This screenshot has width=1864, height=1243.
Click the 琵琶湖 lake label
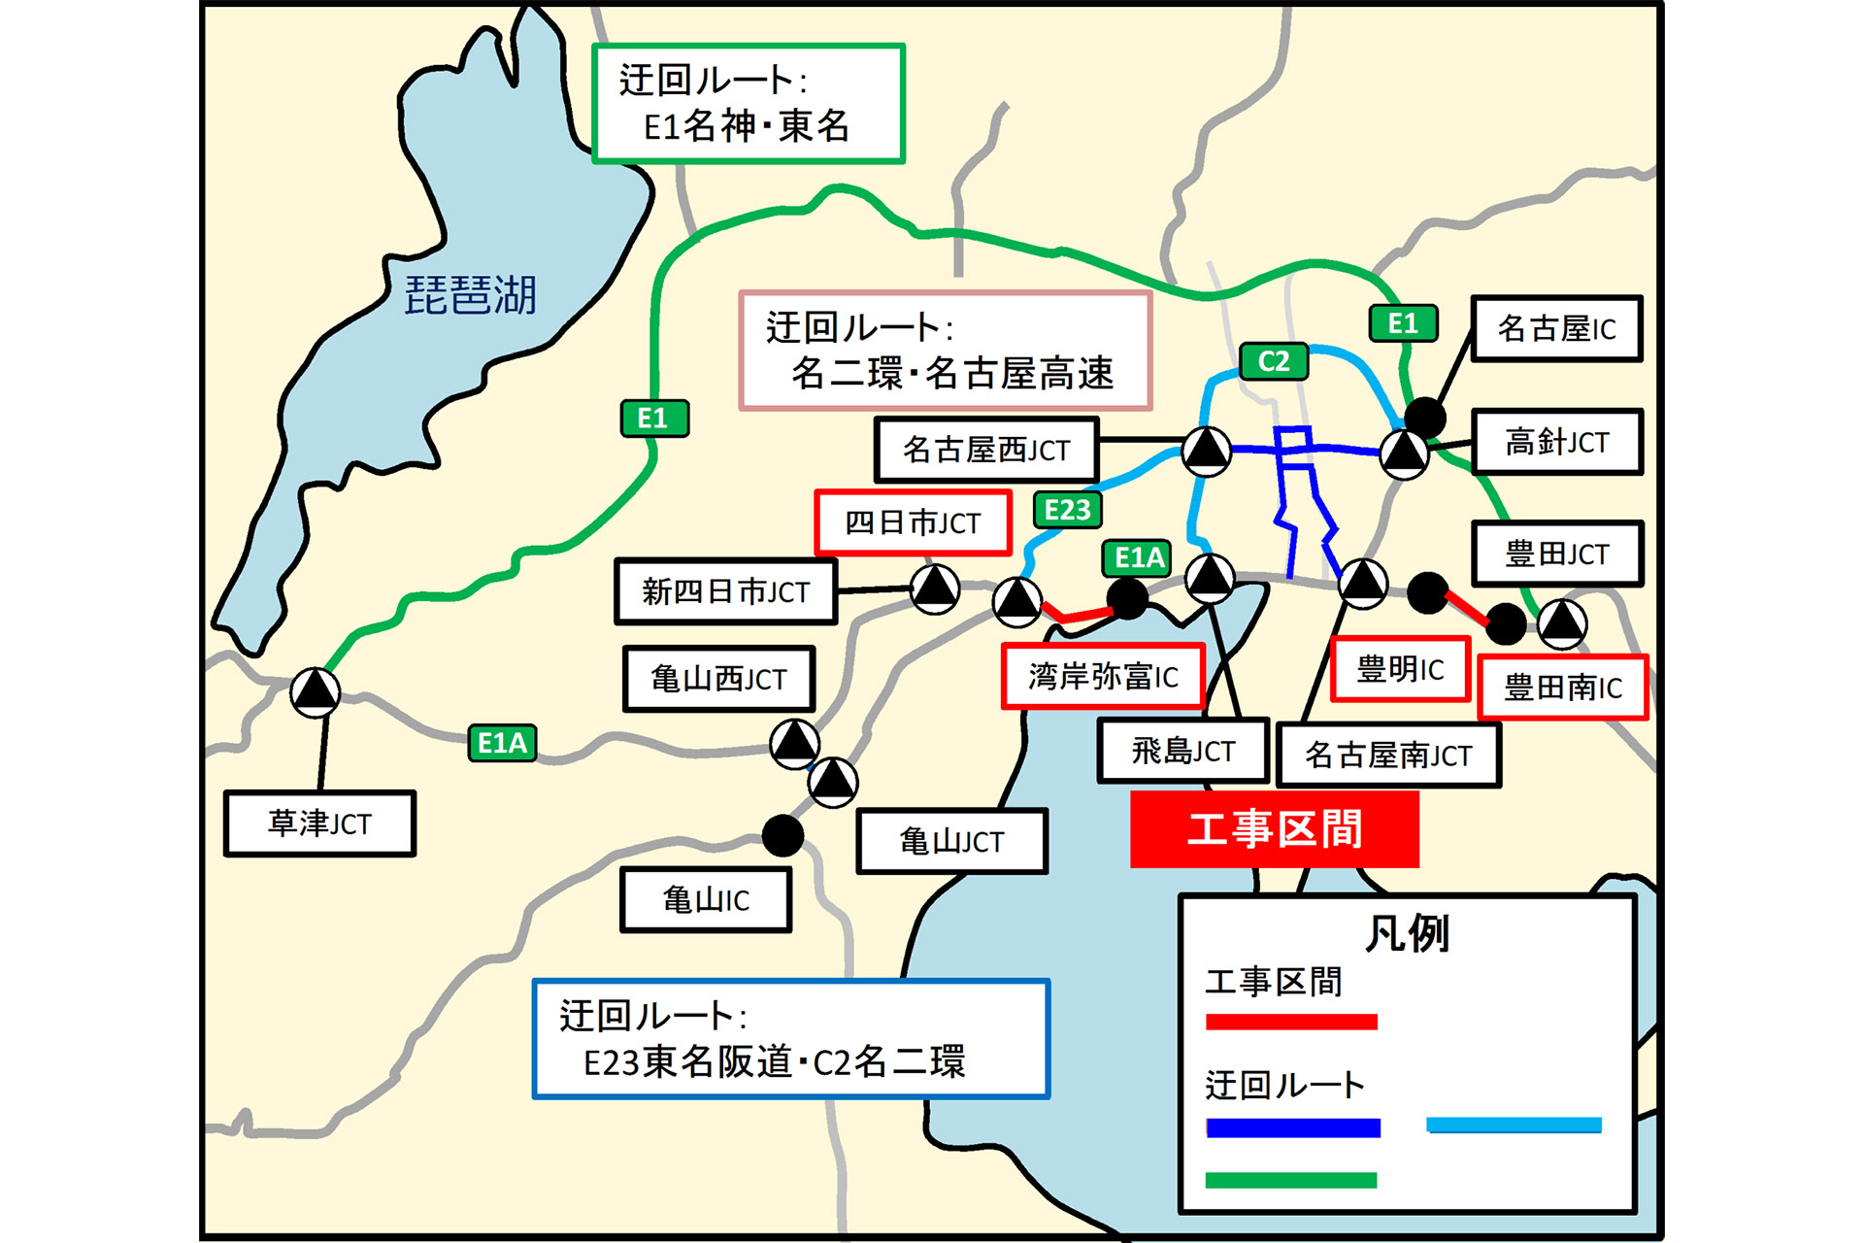(470, 295)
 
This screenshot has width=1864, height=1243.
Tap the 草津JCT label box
(319, 823)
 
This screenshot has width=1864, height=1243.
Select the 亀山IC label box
(706, 900)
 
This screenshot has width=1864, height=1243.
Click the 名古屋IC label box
(1556, 329)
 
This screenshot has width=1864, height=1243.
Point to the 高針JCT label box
(1556, 442)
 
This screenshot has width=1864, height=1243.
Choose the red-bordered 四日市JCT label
(913, 522)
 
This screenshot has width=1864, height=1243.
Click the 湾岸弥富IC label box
(1103, 676)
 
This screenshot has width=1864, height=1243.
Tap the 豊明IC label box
(1399, 668)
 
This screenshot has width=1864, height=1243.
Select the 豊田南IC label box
(1562, 688)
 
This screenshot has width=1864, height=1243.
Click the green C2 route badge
(1274, 361)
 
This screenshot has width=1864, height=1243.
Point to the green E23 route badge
(1067, 510)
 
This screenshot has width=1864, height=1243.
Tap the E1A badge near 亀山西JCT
(502, 743)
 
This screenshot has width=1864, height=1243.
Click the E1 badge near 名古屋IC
(1403, 323)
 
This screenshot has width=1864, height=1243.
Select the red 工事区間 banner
(1274, 829)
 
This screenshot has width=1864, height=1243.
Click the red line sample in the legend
(1291, 1022)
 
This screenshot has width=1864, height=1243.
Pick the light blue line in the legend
(1513, 1125)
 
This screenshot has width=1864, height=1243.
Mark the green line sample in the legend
(1291, 1180)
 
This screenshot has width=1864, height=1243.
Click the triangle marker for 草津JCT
(316, 691)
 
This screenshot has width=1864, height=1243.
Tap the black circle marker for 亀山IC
(782, 834)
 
